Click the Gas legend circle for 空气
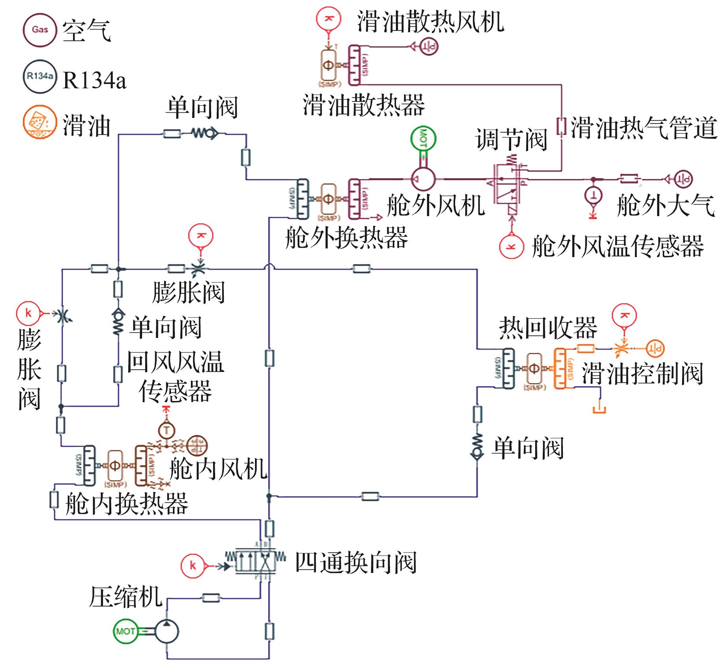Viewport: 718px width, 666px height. [x=40, y=30]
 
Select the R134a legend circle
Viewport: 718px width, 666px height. [x=39, y=76]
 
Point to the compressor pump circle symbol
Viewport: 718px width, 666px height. [x=166, y=631]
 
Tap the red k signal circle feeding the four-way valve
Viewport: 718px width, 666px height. [x=193, y=566]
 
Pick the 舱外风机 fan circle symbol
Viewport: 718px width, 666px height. [x=423, y=179]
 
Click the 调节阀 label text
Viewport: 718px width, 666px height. [x=511, y=139]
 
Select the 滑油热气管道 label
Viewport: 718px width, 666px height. [x=643, y=127]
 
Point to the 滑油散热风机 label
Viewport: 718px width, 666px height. [x=431, y=21]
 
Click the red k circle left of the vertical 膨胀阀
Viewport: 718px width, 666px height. [x=28, y=313]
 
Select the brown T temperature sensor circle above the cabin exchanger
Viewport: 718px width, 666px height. [x=167, y=430]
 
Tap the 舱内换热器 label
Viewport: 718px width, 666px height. [x=127, y=504]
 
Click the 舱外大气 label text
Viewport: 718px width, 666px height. [x=666, y=205]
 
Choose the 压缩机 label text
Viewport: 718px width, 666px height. [x=126, y=597]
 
